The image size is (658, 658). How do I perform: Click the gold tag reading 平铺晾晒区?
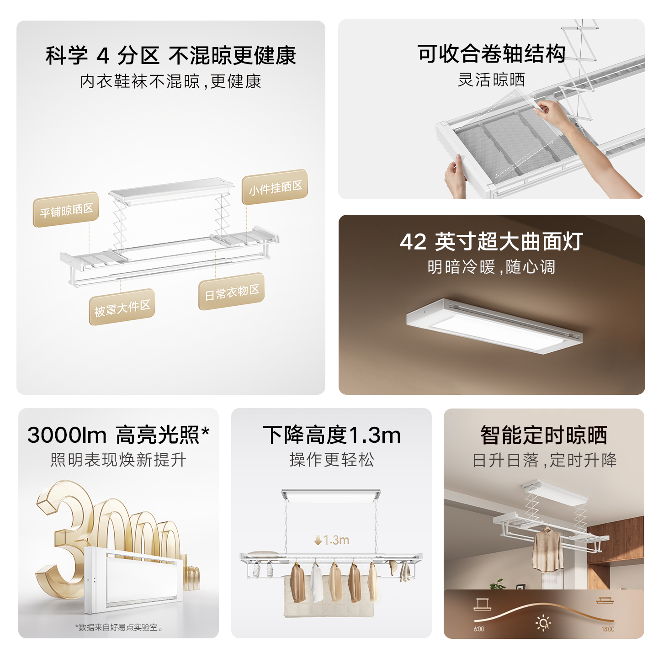pyautogui.click(x=66, y=210)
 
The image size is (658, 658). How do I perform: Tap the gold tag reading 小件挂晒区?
pyautogui.click(x=275, y=187)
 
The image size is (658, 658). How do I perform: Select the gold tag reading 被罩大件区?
pyautogui.click(x=122, y=307)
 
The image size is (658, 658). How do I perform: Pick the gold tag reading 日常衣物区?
pyautogui.click(x=232, y=291)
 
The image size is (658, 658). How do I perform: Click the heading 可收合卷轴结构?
pyautogui.click(x=491, y=53)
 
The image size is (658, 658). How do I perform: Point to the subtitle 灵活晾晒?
pyautogui.click(x=491, y=80)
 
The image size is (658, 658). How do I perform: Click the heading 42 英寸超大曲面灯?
pyautogui.click(x=491, y=241)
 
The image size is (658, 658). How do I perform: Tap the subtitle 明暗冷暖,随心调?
pyautogui.click(x=491, y=267)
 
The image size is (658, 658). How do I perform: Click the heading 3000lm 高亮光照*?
pyautogui.click(x=118, y=435)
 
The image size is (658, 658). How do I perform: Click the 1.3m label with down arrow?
pyautogui.click(x=332, y=540)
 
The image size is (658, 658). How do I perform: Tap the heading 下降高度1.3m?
pyautogui.click(x=332, y=435)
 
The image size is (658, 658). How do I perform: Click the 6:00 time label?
pyautogui.click(x=479, y=629)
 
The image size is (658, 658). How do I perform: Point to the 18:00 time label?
pyautogui.click(x=608, y=629)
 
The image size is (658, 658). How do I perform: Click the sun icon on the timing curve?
pyautogui.click(x=543, y=623)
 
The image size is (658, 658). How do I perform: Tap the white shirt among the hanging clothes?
pyautogui.click(x=317, y=583)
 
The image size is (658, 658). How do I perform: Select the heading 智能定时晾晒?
pyautogui.click(x=544, y=435)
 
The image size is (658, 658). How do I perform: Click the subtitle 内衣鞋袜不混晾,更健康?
pyautogui.click(x=170, y=82)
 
